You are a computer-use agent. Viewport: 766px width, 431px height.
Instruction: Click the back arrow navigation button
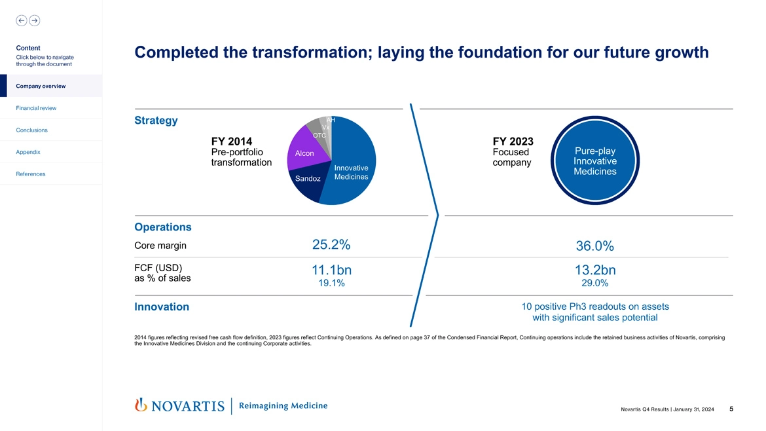(22, 20)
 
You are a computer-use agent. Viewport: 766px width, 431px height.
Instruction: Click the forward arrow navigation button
(34, 20)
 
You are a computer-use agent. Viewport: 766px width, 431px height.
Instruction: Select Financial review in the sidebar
(37, 108)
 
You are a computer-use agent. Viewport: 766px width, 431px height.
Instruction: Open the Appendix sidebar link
(28, 152)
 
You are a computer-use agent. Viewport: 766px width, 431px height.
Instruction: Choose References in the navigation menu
(31, 174)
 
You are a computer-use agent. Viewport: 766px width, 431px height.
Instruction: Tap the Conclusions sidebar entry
(32, 130)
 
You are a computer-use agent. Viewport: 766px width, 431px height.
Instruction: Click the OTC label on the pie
(319, 136)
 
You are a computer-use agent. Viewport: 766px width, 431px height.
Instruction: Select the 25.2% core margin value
(331, 245)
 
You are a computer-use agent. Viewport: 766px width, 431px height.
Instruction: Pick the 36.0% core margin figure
(594, 246)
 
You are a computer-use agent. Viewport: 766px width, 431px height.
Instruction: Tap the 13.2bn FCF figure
(594, 271)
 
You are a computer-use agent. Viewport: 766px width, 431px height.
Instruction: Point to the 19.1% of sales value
(331, 284)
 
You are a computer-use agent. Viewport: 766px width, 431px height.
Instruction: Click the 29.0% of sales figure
(594, 284)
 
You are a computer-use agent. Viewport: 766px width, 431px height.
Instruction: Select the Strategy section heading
(156, 121)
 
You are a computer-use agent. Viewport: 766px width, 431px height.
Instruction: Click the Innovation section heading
(162, 307)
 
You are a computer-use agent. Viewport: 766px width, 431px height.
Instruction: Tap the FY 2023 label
(513, 141)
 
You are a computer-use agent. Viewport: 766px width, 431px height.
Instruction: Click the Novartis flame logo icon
(139, 405)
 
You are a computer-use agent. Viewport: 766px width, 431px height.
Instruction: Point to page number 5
(731, 409)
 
